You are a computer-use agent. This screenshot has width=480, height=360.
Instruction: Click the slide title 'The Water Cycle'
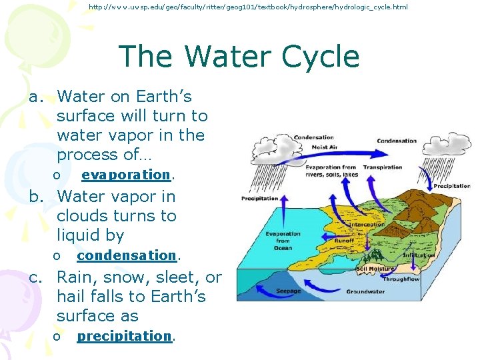pos(239,57)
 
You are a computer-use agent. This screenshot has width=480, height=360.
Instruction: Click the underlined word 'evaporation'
pos(126,175)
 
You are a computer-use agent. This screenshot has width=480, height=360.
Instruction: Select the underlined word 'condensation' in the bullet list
pos(127,255)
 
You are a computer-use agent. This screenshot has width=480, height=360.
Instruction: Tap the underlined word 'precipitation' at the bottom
pos(125,336)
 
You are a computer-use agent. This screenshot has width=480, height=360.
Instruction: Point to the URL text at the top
pos(248,7)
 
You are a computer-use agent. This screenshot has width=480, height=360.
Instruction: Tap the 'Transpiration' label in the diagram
pos(383,167)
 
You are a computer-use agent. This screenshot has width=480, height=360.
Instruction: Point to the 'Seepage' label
pos(288,291)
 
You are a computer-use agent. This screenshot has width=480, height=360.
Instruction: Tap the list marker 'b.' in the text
pos(35,197)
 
